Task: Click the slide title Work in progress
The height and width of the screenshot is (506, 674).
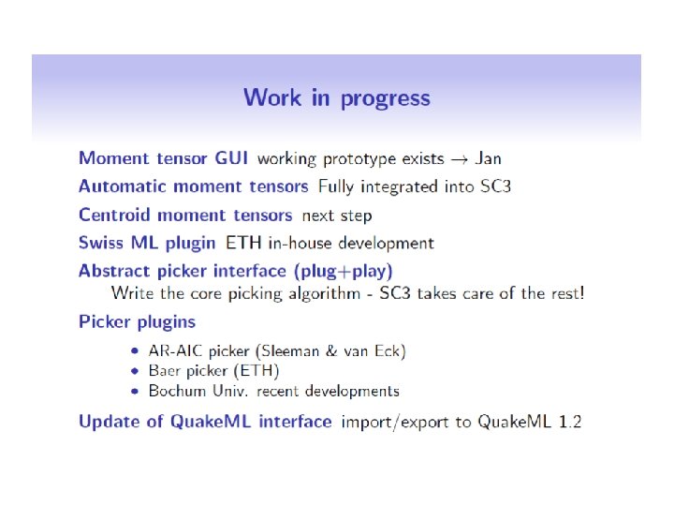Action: pyautogui.click(x=337, y=98)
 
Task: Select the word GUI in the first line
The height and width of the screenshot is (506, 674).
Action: pyautogui.click(x=231, y=158)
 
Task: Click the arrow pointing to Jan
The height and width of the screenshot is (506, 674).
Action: pyautogui.click(x=459, y=160)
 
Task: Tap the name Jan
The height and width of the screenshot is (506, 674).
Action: pyautogui.click(x=489, y=158)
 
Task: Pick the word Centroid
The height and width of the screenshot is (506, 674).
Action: pyautogui.click(x=114, y=215)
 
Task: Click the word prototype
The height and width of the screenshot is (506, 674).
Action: pyautogui.click(x=359, y=159)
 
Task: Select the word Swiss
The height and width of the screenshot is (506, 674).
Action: pyautogui.click(x=101, y=243)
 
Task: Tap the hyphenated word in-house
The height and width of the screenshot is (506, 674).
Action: pyautogui.click(x=300, y=243)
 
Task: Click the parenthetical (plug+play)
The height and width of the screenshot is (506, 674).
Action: pyautogui.click(x=343, y=272)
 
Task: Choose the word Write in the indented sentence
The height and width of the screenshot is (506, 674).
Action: pyautogui.click(x=132, y=293)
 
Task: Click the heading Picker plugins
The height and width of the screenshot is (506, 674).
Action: pyautogui.click(x=137, y=321)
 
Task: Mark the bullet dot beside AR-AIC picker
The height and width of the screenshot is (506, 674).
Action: pyautogui.click(x=135, y=351)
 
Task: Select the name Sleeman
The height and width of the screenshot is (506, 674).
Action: pyautogui.click(x=290, y=351)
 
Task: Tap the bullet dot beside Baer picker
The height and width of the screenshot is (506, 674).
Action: pyautogui.click(x=135, y=371)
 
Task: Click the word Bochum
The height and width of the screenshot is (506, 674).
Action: pyautogui.click(x=177, y=391)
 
